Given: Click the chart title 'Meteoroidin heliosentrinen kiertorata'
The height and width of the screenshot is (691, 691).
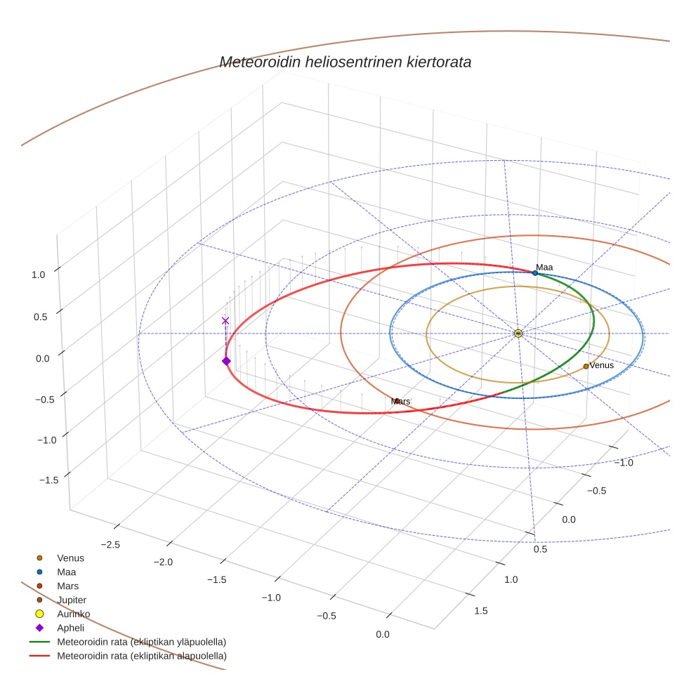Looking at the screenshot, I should pyautogui.click(x=345, y=62).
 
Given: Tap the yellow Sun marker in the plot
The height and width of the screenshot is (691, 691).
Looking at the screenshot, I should pyautogui.click(x=518, y=333).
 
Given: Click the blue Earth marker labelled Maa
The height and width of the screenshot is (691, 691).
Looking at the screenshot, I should pyautogui.click(x=535, y=272).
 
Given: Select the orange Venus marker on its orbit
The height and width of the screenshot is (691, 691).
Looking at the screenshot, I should pyautogui.click(x=586, y=366).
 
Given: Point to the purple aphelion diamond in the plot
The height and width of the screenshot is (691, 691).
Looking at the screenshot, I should pyautogui.click(x=226, y=361).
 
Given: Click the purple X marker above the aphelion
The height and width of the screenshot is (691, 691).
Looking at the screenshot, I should pyautogui.click(x=225, y=321).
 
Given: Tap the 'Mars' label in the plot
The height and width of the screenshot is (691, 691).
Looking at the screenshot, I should pyautogui.click(x=400, y=401).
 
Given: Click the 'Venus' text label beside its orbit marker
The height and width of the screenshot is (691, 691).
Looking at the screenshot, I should pyautogui.click(x=602, y=365).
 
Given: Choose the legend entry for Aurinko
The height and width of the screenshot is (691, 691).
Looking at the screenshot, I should pyautogui.click(x=73, y=614).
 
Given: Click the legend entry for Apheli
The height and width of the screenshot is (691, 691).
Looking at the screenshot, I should pyautogui.click(x=70, y=628).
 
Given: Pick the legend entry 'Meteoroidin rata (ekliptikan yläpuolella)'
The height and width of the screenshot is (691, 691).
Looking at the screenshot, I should pyautogui.click(x=141, y=642).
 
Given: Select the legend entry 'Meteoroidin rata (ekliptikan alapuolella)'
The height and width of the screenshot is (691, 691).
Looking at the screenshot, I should pyautogui.click(x=141, y=656).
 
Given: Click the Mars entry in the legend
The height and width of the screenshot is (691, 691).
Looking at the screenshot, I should pyautogui.click(x=67, y=586).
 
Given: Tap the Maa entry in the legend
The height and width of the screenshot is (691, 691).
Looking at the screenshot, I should pyautogui.click(x=66, y=572).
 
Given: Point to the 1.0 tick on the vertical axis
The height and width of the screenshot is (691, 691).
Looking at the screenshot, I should pyautogui.click(x=38, y=275).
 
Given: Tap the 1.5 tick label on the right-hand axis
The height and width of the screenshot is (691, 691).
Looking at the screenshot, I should pyautogui.click(x=481, y=611).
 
